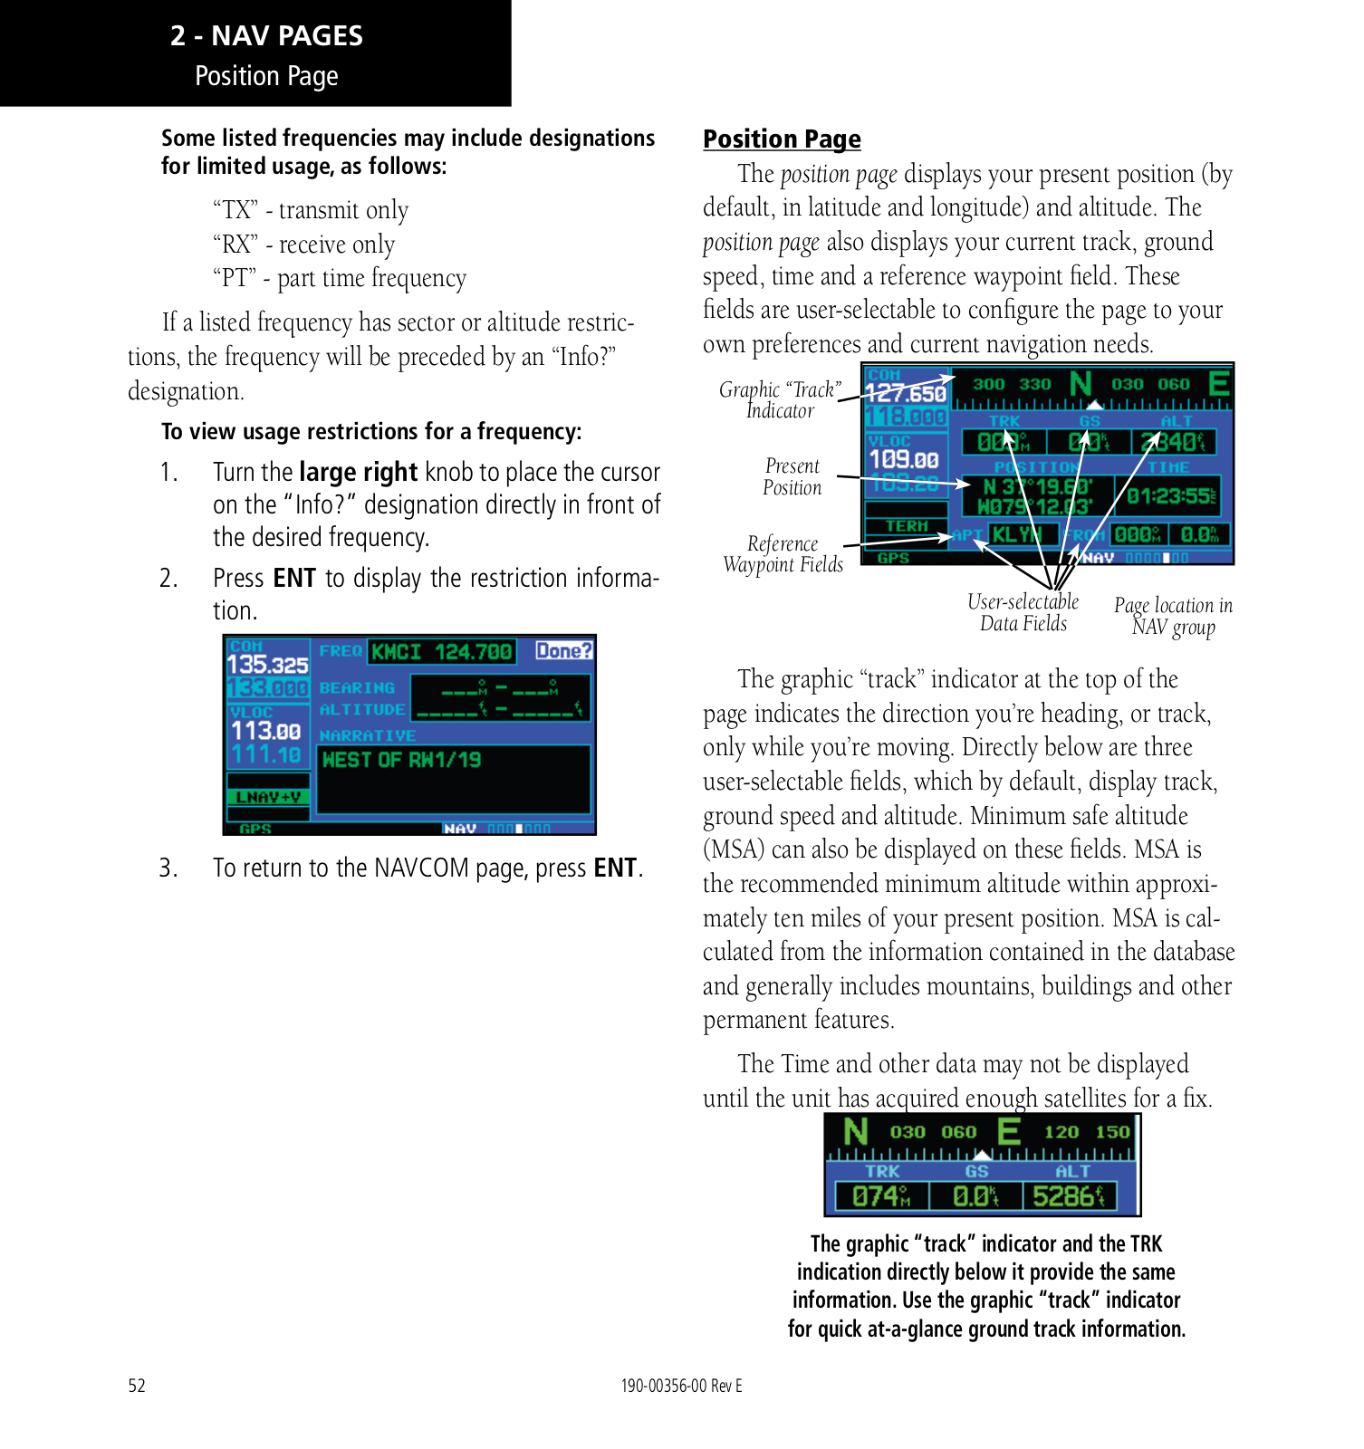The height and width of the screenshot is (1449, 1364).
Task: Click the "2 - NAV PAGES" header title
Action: (x=266, y=36)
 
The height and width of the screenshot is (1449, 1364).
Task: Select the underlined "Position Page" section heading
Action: (x=782, y=139)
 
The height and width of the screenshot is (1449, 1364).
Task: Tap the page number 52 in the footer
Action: (x=137, y=1386)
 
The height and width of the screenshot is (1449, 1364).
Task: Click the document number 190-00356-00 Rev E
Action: (x=681, y=1386)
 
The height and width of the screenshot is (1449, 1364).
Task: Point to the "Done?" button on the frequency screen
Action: (x=563, y=650)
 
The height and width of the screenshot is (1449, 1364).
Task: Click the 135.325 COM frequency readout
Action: (x=267, y=665)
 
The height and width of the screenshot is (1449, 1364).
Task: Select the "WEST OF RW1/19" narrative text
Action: (x=401, y=760)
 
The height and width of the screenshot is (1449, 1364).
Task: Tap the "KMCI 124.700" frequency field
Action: (x=442, y=652)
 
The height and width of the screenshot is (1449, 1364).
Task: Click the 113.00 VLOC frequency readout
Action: (x=265, y=731)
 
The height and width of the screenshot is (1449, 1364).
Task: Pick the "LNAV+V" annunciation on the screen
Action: (x=268, y=797)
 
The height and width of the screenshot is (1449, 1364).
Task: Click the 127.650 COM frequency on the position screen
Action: (x=906, y=394)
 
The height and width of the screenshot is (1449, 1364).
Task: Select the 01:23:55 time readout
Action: (x=1171, y=496)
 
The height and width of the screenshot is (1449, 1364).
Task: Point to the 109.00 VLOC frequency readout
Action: (x=904, y=461)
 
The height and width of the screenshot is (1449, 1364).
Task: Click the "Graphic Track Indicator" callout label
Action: (x=780, y=399)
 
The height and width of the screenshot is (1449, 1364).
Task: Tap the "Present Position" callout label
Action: (x=792, y=476)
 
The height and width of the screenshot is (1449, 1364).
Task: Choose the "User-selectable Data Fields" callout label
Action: (x=1023, y=612)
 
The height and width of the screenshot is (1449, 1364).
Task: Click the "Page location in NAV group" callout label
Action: (x=1173, y=616)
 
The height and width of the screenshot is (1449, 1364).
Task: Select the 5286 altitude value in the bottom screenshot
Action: (x=1069, y=1196)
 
